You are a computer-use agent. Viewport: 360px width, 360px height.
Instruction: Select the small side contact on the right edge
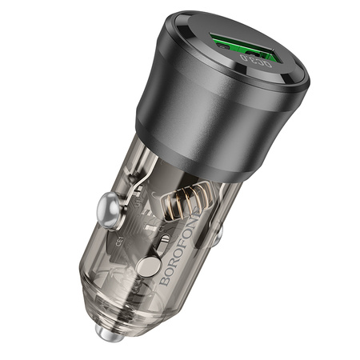coord(218,234)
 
